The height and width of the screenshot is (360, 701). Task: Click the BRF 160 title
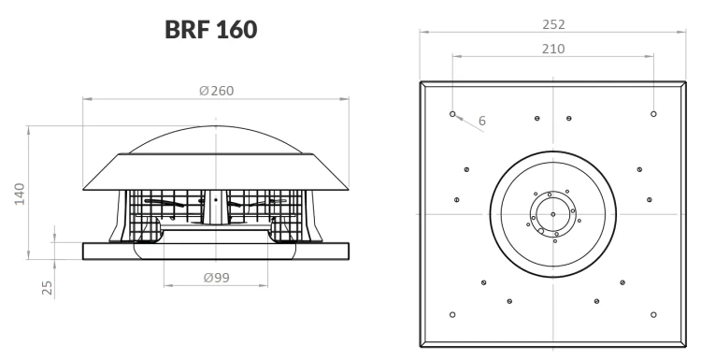click(x=211, y=30)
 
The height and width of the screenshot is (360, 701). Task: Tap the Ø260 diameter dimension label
click(x=217, y=91)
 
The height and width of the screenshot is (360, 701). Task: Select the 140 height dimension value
click(x=20, y=194)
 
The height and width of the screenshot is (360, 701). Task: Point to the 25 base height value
click(x=47, y=288)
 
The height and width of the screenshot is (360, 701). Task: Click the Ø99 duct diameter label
click(x=217, y=278)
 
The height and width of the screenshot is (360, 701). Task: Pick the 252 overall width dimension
click(x=553, y=24)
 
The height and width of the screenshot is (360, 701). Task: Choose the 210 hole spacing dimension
click(x=553, y=49)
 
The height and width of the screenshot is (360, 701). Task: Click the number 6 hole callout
click(x=482, y=121)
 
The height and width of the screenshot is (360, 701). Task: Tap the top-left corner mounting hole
click(x=452, y=114)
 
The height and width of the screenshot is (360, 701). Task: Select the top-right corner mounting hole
click(x=653, y=114)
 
